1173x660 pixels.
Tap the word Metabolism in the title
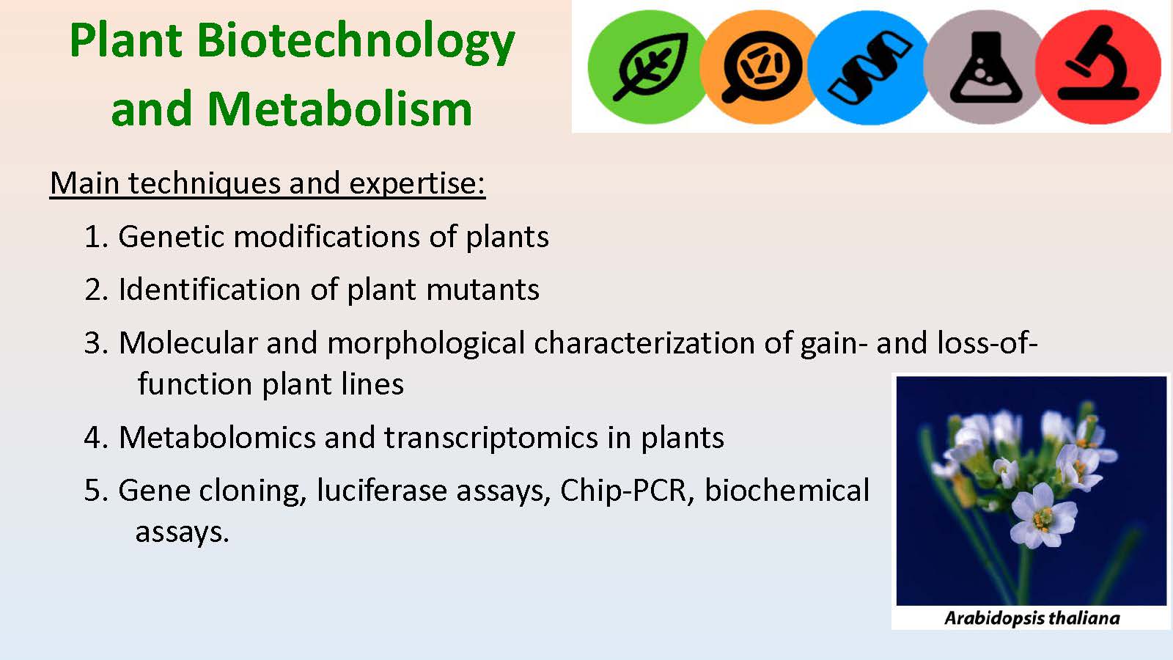coord(340,109)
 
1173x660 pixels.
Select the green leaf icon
coord(648,67)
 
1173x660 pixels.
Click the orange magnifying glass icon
coord(760,67)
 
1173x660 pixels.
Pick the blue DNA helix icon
coord(869,67)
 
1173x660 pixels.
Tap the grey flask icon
coord(985,67)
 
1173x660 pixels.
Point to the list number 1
coord(96,238)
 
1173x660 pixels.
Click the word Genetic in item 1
coord(171,237)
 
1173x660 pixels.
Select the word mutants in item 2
coord(482,290)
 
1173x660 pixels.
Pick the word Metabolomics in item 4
coord(217,437)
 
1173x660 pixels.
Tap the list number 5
coord(96,491)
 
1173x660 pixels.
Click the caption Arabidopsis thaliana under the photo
coord(1032,618)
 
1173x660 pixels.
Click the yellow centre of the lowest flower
coord(1043,519)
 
